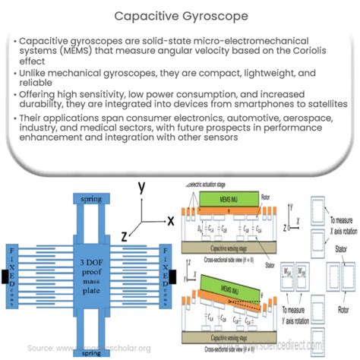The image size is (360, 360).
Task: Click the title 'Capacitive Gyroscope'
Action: click(x=180, y=16)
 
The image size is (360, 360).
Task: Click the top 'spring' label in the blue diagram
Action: click(x=89, y=199)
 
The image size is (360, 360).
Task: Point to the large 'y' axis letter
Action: click(x=142, y=187)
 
